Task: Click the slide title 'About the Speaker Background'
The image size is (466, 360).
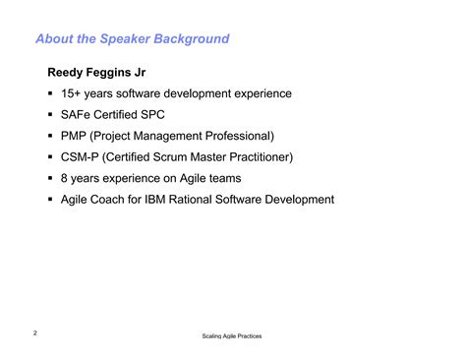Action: [132, 39]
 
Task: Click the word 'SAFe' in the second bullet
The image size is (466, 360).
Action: [76, 115]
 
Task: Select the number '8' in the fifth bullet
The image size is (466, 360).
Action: [64, 178]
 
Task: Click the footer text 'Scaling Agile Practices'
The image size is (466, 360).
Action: [232, 336]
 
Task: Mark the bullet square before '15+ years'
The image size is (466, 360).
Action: [49, 94]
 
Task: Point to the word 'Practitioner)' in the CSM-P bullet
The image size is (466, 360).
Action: [258, 157]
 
